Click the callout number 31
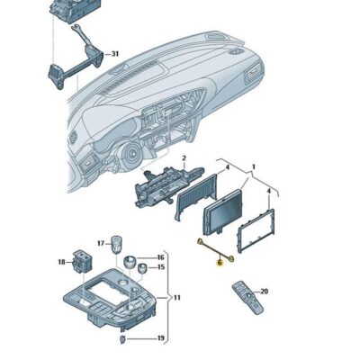pyautogui.click(x=114, y=54)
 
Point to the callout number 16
pyautogui.click(x=160, y=256)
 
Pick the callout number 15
pyautogui.click(x=160, y=267)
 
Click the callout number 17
pyautogui.click(x=101, y=243)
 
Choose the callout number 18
pyautogui.click(x=61, y=262)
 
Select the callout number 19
pyautogui.click(x=160, y=338)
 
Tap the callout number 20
pyautogui.click(x=264, y=291)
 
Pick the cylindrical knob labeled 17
pyautogui.click(x=116, y=243)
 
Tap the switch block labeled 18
pyautogui.click(x=80, y=262)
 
